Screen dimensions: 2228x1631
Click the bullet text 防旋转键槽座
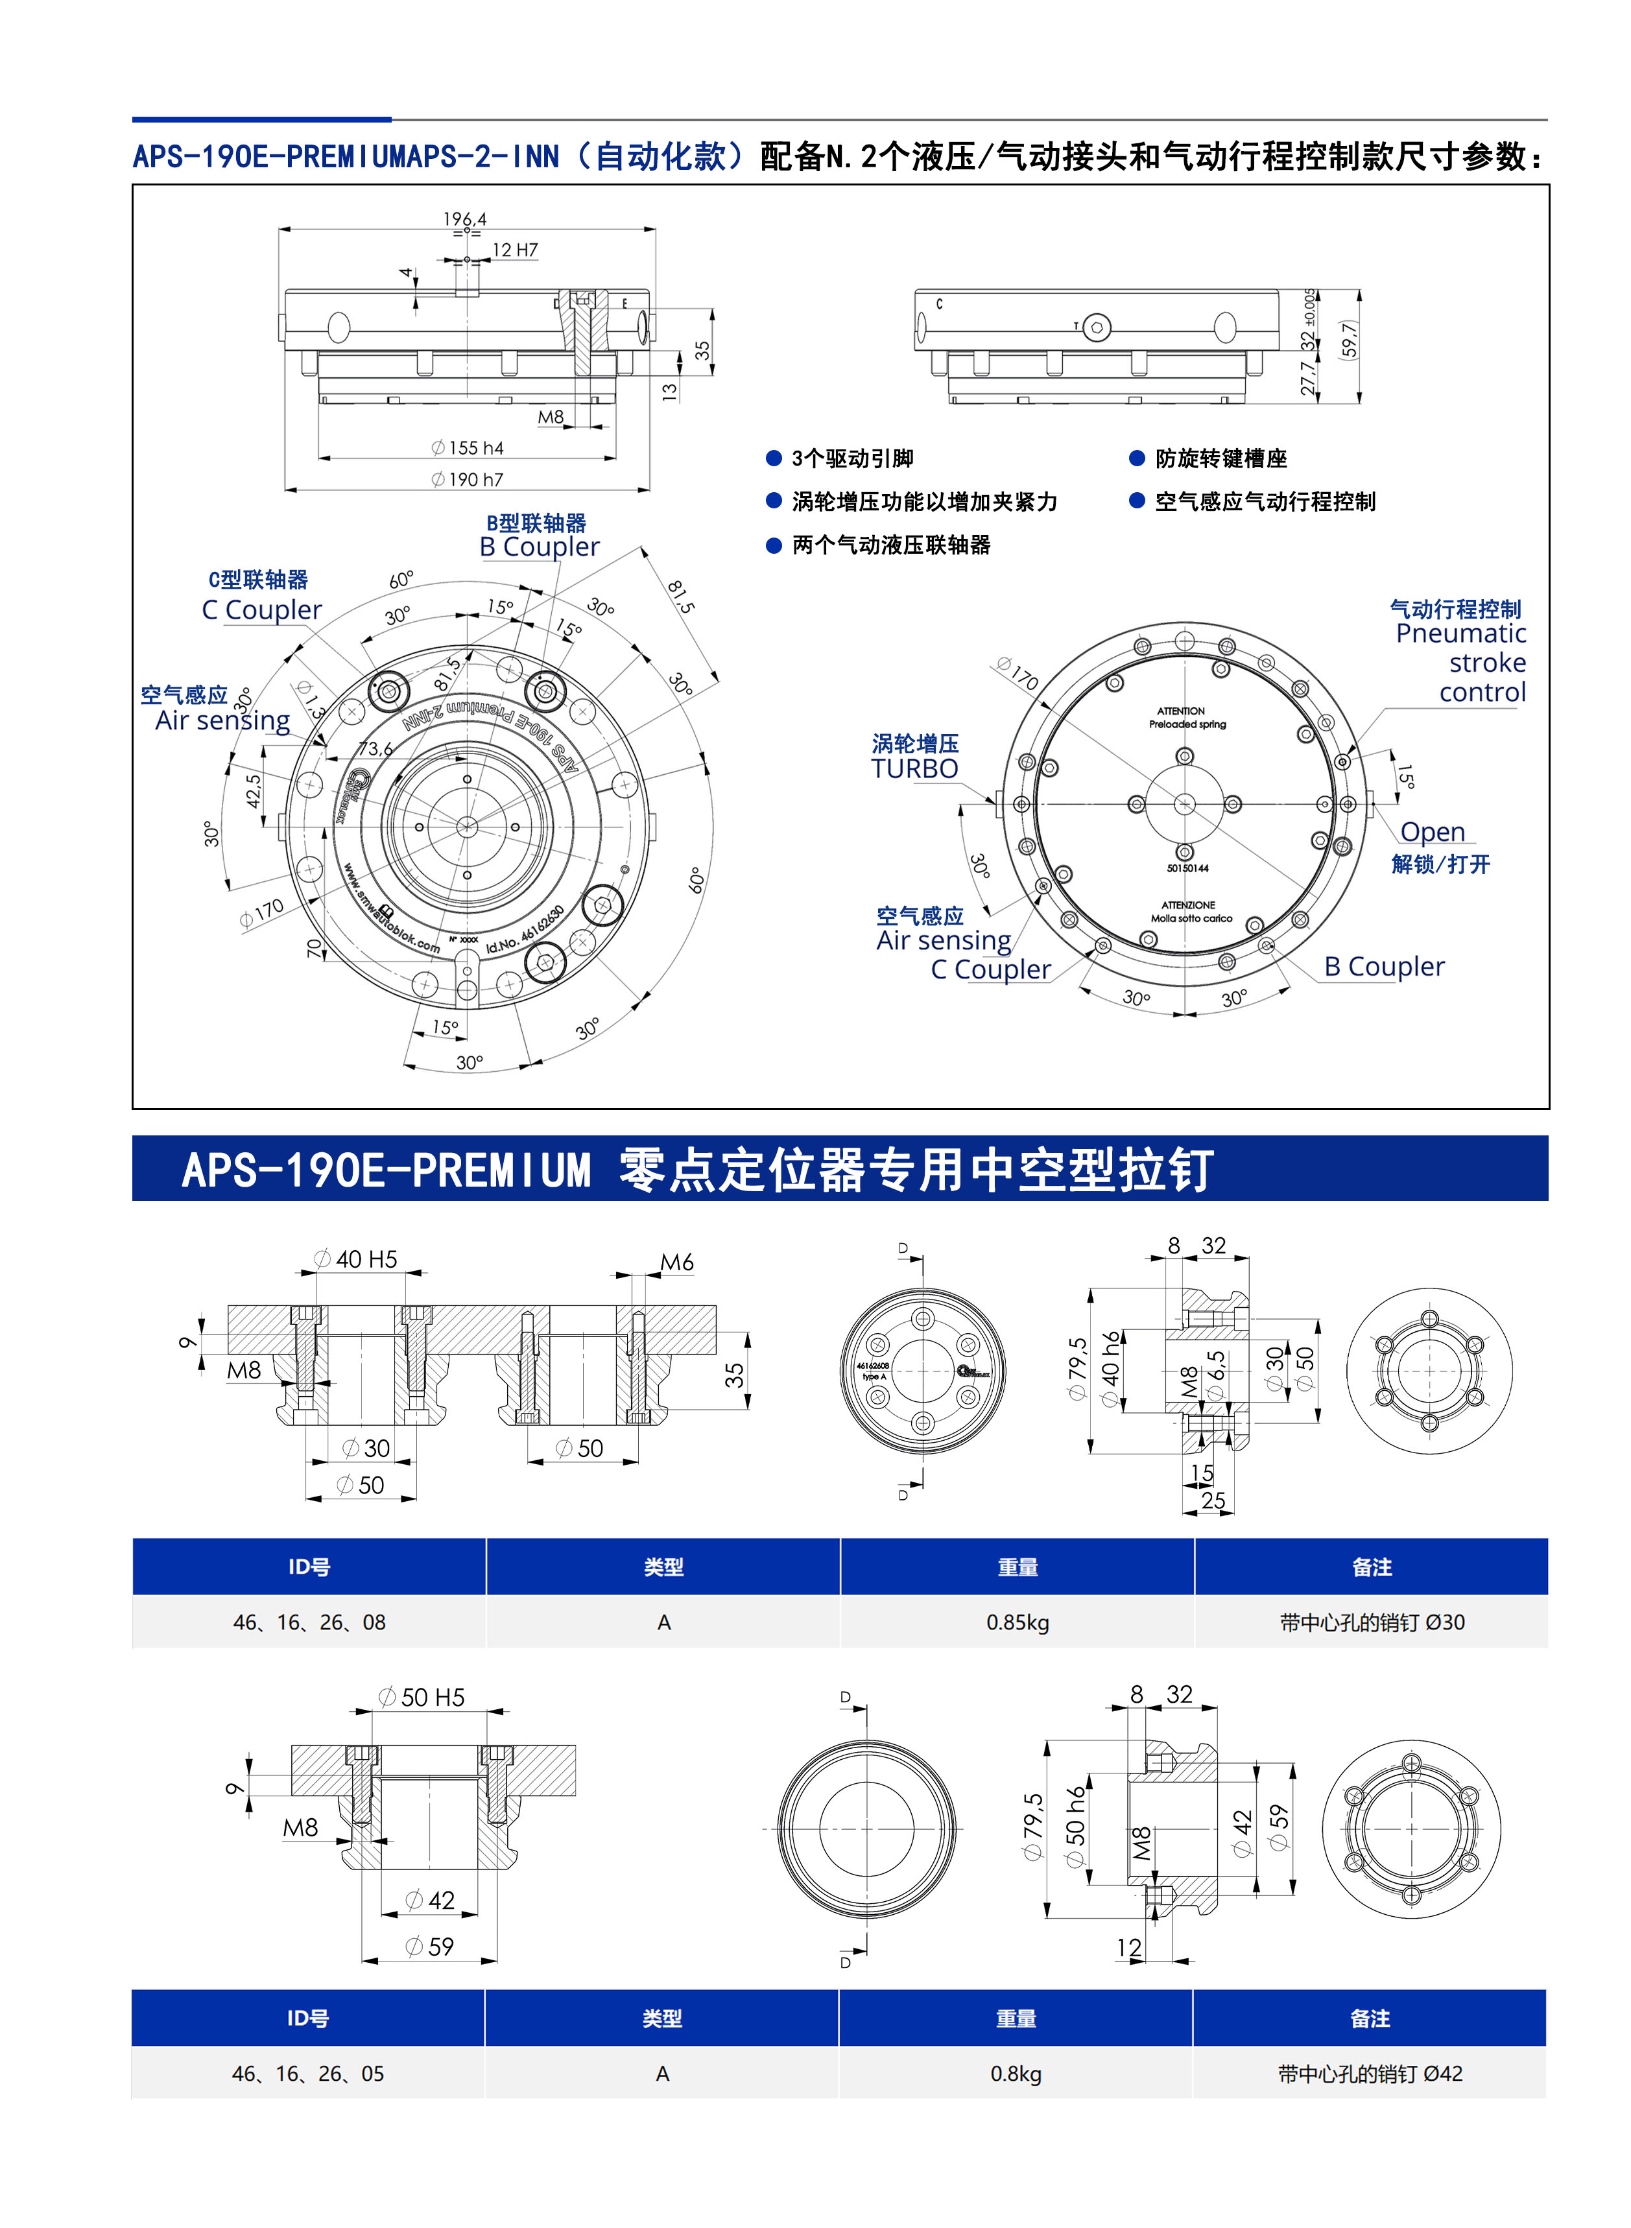(x=1220, y=458)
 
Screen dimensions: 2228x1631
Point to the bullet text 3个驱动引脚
(x=852, y=458)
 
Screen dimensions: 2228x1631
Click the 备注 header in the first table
(x=1372, y=1567)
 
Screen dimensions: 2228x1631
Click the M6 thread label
(x=676, y=1262)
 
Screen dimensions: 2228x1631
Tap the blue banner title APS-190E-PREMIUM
(x=387, y=1170)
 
